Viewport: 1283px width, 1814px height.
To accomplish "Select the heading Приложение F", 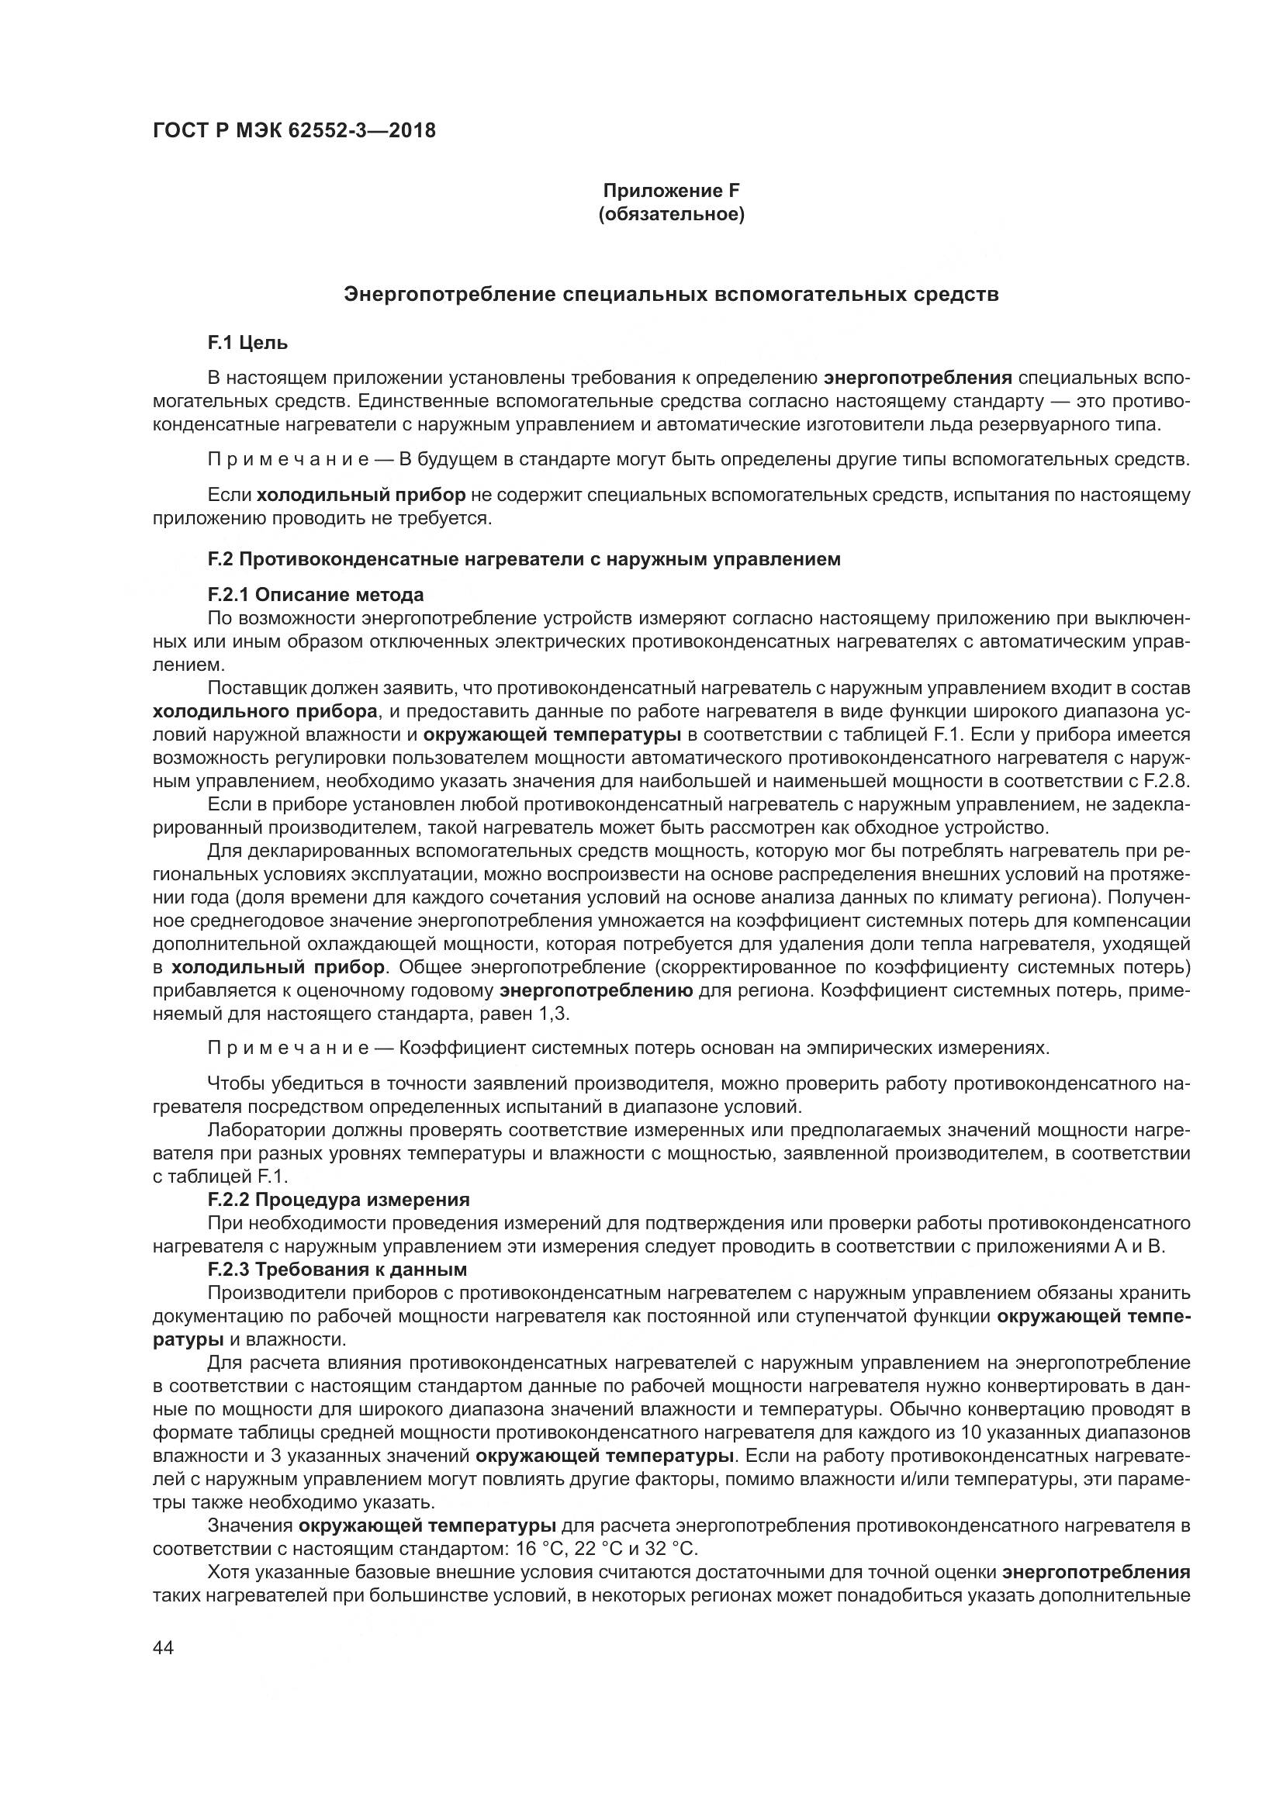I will pos(672,191).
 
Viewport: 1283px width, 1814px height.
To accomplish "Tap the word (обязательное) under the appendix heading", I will pos(672,215).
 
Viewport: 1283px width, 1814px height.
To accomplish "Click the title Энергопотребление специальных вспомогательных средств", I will pos(672,295).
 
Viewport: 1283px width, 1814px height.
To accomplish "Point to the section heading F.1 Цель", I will pos(247,343).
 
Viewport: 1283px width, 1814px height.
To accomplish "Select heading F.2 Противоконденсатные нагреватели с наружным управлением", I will pos(524,559).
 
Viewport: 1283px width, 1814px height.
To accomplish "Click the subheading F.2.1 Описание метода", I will pos(315,594).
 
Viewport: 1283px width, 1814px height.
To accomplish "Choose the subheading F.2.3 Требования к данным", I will pos(337,1270).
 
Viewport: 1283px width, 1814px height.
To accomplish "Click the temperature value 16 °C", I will pos(539,1549).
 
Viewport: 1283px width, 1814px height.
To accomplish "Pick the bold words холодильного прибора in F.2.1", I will pos(265,711).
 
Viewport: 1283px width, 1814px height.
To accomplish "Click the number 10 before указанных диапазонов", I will pos(971,1432).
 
